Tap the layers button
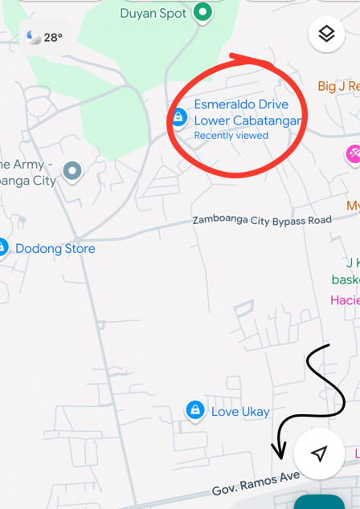click(x=325, y=35)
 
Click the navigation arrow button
click(x=319, y=454)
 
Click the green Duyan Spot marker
click(x=203, y=12)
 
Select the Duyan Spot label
click(x=153, y=13)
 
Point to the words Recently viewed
click(x=231, y=136)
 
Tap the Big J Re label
click(x=337, y=86)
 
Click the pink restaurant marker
click(x=353, y=153)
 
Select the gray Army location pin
click(x=73, y=171)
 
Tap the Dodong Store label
click(x=55, y=249)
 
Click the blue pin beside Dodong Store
click(x=2, y=248)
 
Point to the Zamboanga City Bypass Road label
click(x=261, y=220)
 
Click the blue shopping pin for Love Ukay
click(x=194, y=411)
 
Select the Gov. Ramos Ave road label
click(x=256, y=483)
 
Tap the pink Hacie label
click(x=345, y=300)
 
